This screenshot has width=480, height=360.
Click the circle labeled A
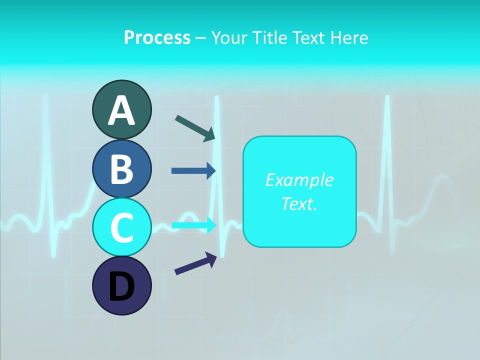(121, 109)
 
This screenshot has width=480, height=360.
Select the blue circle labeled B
(121, 168)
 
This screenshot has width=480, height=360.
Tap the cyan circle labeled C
(121, 227)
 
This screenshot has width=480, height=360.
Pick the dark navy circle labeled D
(121, 285)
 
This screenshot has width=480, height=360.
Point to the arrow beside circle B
(193, 171)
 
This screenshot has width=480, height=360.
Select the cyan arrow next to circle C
(193, 225)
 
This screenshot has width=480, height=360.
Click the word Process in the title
(157, 37)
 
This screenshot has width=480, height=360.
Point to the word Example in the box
(299, 180)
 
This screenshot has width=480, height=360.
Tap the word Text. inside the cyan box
(299, 203)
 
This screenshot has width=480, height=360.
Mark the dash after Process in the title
(201, 38)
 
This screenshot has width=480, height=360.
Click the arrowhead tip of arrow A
(214, 139)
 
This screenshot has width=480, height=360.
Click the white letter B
(121, 169)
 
